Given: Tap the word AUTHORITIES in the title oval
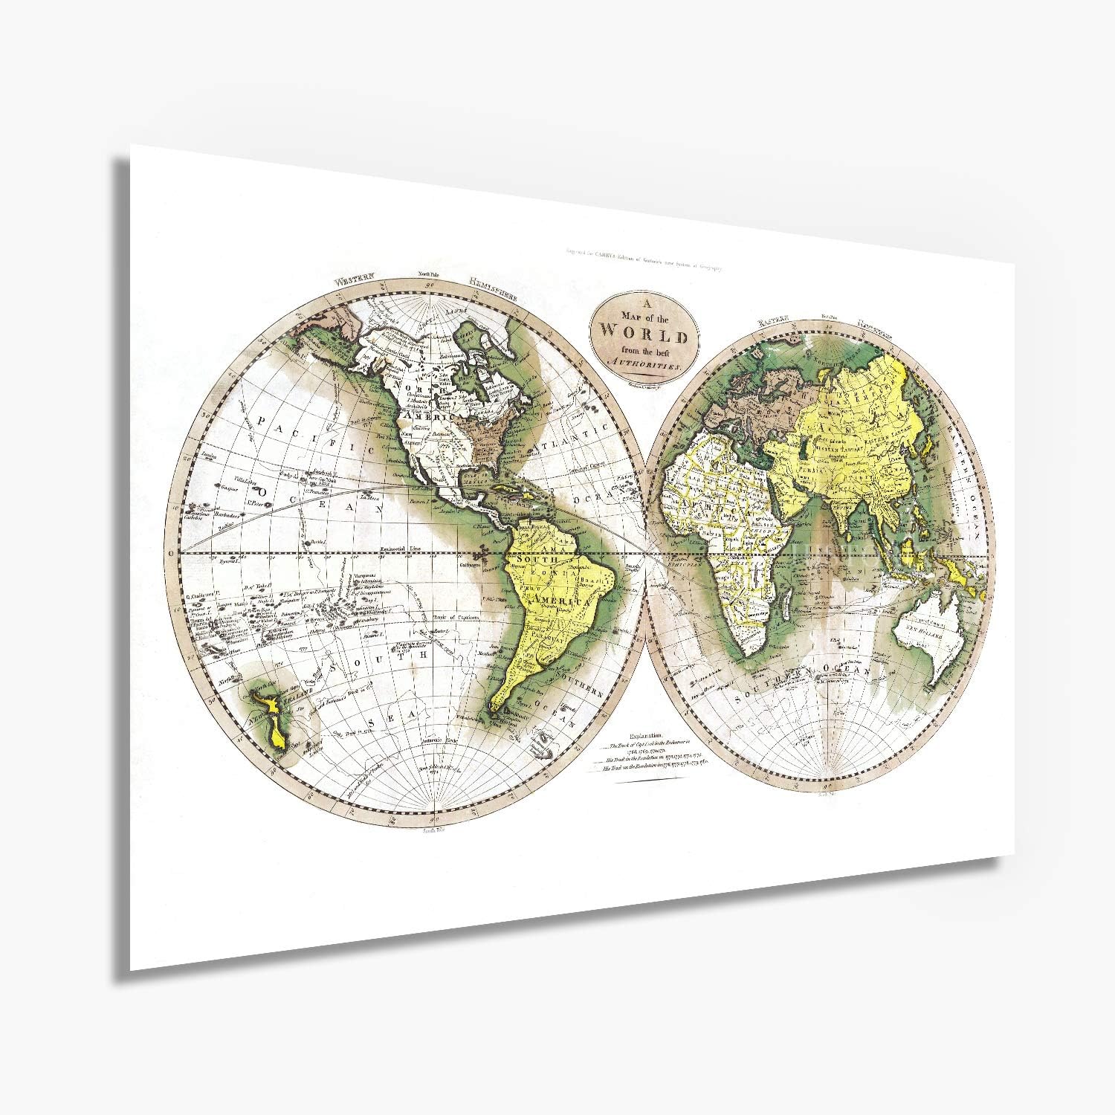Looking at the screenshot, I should pos(644,366).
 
